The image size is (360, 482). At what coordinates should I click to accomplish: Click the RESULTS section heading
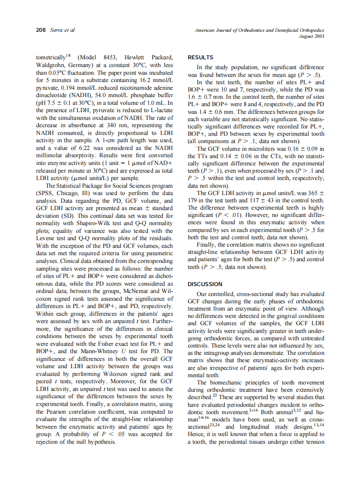200,57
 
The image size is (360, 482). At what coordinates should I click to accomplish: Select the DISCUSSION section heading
205,284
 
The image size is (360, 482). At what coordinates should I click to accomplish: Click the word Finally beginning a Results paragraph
207,244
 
